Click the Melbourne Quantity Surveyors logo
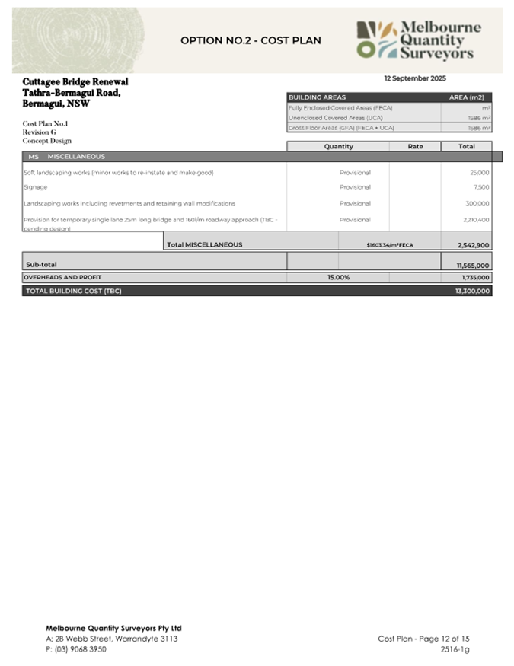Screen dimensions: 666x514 point(419,40)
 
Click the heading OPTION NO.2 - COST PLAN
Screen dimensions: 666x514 point(251,40)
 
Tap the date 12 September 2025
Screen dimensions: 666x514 point(415,78)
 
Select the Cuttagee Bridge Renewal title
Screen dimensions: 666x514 point(75,81)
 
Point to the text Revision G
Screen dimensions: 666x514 point(39,132)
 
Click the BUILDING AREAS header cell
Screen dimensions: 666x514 point(317,97)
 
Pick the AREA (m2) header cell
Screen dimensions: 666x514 point(466,97)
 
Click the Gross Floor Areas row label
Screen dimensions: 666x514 point(340,128)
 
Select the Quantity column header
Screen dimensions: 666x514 point(338,146)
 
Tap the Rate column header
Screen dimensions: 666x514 point(415,146)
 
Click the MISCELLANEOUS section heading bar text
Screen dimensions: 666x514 point(76,157)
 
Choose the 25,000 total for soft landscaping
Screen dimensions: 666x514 point(480,173)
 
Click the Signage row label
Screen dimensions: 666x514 point(36,187)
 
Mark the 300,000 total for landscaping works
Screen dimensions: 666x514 point(478,203)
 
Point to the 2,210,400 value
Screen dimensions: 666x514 point(476,219)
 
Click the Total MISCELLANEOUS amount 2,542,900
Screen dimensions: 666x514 point(474,245)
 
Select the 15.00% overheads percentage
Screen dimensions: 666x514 point(338,278)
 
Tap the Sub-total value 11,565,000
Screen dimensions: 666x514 point(473,265)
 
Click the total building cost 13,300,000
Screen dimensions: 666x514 point(472,291)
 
